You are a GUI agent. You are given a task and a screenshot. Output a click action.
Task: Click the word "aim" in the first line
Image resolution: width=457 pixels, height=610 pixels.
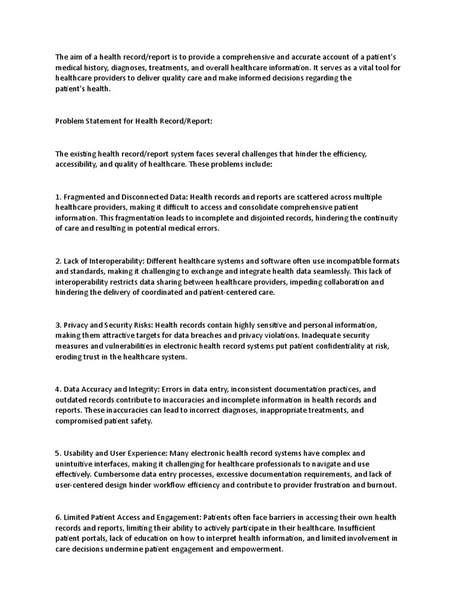(77, 58)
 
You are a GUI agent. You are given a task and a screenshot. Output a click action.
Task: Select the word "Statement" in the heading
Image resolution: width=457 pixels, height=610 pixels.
(105, 121)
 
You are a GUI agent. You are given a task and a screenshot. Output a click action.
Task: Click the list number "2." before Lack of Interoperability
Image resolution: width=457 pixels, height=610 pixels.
(58, 262)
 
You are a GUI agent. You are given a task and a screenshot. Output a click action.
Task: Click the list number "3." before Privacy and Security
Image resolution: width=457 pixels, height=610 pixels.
(58, 325)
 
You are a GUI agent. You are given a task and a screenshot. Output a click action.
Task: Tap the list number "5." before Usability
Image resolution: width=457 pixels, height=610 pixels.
(58, 454)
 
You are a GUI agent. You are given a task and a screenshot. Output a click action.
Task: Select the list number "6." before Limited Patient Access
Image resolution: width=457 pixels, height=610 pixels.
(58, 518)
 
